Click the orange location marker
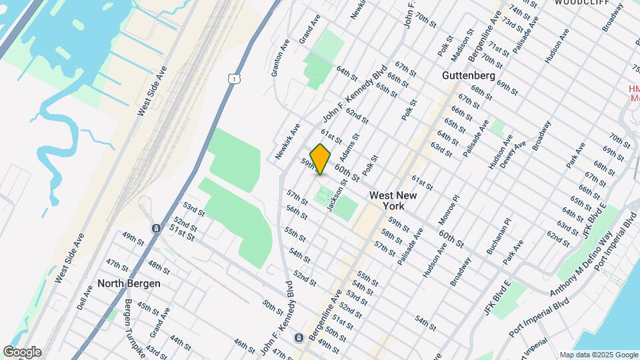coord(321,159)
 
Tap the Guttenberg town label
coord(468,76)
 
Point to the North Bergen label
coord(129,283)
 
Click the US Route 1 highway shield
coord(233,79)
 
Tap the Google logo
coord(22,352)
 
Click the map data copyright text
coord(598,355)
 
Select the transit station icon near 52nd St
coord(155,229)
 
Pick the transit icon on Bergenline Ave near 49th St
coord(299,337)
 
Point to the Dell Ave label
coord(83,296)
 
